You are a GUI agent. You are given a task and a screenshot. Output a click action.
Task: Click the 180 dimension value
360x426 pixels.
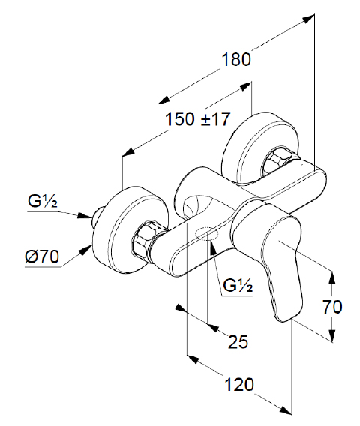click(236, 60)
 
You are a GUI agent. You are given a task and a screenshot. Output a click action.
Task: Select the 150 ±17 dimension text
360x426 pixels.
click(198, 119)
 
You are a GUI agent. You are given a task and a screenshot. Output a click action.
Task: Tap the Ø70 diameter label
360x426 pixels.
click(42, 256)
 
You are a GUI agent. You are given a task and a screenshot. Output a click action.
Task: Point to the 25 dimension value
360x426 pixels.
click(238, 341)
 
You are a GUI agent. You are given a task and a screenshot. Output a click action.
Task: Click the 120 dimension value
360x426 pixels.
click(239, 385)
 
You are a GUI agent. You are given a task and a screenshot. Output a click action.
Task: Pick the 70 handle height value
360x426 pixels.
click(332, 307)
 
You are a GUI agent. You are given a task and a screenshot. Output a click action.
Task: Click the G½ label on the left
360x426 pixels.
click(43, 201)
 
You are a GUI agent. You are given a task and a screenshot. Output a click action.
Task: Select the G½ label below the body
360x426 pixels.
click(238, 285)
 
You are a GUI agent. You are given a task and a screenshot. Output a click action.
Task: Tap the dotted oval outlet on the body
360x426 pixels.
click(207, 234)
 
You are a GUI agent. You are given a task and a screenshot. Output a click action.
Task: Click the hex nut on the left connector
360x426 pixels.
click(142, 240)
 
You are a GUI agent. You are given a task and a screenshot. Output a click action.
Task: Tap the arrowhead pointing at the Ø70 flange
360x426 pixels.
click(85, 249)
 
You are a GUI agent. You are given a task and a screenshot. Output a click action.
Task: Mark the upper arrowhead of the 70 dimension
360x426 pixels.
click(331, 277)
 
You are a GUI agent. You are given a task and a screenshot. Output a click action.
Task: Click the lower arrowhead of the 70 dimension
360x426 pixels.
click(331, 335)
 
